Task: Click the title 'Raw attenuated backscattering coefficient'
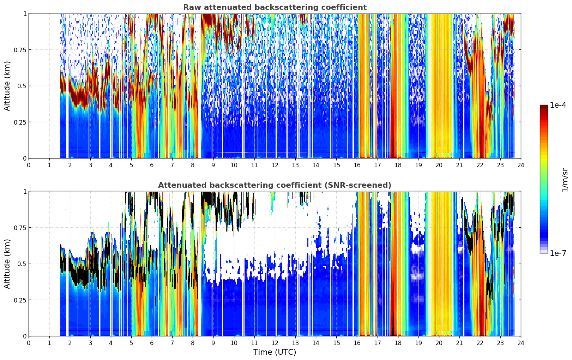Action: tap(275, 7)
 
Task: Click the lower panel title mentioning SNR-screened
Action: tap(275, 185)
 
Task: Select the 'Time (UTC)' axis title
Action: tap(275, 352)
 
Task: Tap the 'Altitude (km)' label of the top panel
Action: tap(7, 86)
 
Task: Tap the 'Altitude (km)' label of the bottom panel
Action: tap(7, 264)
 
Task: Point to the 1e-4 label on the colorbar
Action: tap(558, 105)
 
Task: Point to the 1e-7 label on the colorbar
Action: tap(558, 253)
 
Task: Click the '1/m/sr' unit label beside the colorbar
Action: tap(565, 180)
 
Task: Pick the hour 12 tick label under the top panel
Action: tap(275, 165)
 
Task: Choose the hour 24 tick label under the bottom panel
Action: tap(521, 343)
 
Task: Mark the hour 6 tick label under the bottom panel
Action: tap(152, 343)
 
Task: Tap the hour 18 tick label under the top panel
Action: tap(398, 165)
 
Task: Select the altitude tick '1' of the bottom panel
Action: tap(25, 192)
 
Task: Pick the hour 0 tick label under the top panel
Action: tap(29, 165)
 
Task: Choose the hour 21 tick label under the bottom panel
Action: tap(459, 343)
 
